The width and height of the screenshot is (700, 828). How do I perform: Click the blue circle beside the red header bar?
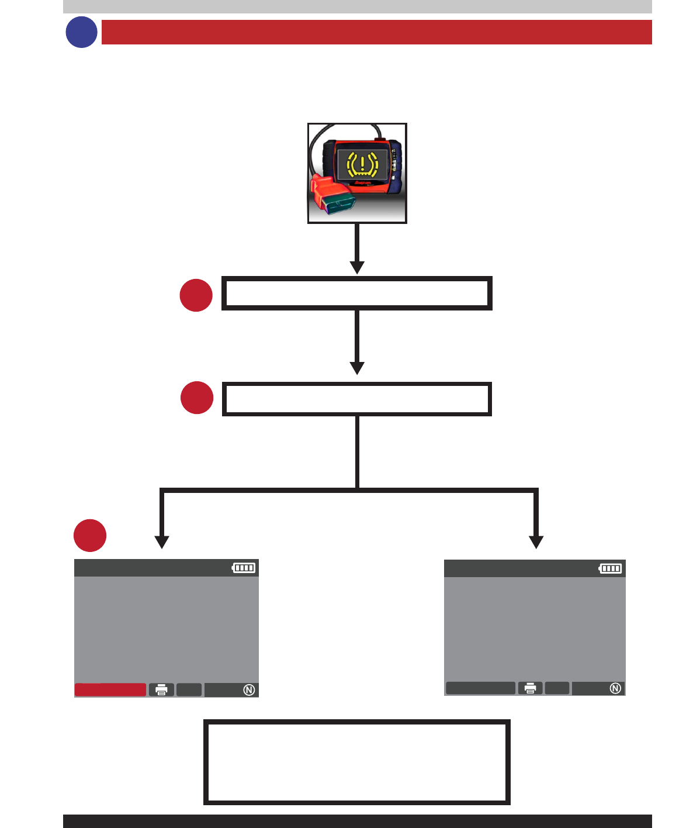coord(81,32)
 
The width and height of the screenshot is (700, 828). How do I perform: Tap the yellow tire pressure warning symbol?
coord(362,164)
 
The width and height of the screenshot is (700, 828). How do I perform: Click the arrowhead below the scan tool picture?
coord(357,267)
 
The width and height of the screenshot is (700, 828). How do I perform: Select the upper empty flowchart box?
coord(357,293)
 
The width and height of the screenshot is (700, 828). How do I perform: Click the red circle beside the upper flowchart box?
coord(196,295)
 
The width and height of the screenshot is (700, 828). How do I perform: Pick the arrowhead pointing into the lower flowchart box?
coord(357,368)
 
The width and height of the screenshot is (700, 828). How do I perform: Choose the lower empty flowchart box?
coord(357,399)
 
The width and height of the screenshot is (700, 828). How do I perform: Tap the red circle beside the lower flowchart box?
coord(197,398)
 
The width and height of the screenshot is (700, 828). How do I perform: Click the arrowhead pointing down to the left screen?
coord(162,542)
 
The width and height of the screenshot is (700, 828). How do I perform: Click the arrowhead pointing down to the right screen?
coord(536,542)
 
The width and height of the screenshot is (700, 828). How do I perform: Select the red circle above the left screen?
coord(90,535)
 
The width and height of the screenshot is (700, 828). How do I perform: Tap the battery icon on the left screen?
coord(244,568)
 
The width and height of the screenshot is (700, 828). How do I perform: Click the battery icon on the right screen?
coord(611,568)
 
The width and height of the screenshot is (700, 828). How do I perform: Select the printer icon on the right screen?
coord(530,688)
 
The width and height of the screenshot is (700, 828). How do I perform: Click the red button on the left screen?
coord(110,689)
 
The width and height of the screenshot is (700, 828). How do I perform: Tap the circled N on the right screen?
coord(615,688)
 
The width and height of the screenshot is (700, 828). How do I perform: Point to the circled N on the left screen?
coord(249,690)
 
